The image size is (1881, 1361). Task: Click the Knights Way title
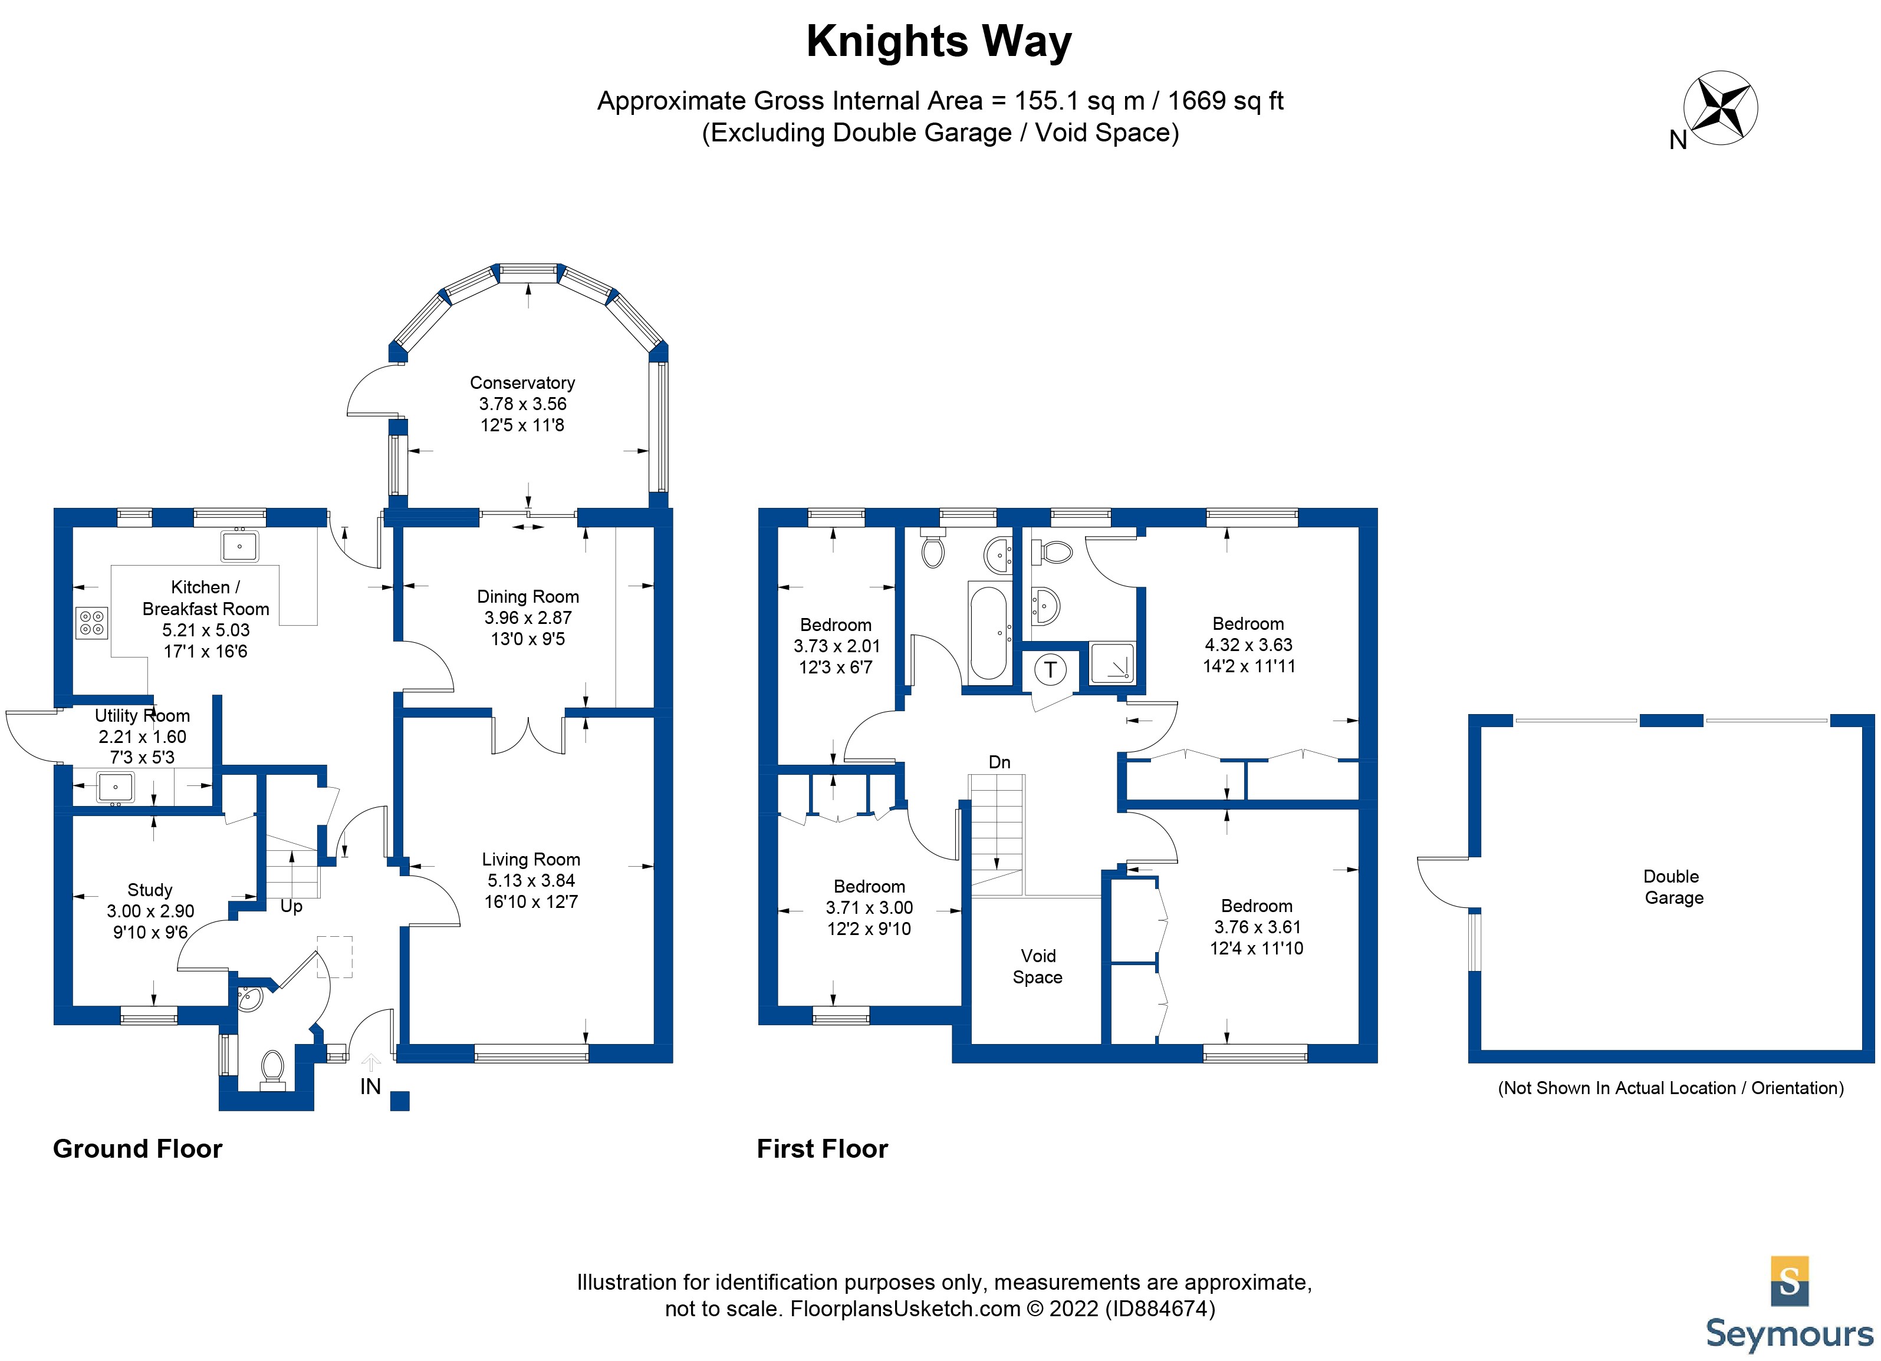(x=939, y=41)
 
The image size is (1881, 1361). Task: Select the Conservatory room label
(x=522, y=383)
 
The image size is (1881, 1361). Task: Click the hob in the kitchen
(x=92, y=623)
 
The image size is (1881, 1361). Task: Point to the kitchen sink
(x=239, y=546)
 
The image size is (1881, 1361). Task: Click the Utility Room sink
(x=116, y=786)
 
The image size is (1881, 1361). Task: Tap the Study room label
(x=150, y=890)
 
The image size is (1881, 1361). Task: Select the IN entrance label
(x=371, y=1086)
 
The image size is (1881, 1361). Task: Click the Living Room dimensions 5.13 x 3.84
(x=531, y=880)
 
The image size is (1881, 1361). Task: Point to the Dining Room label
(x=528, y=597)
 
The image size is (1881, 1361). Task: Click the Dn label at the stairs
(x=999, y=762)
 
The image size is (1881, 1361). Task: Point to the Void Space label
(x=1038, y=966)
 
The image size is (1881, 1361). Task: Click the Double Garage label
(x=1673, y=887)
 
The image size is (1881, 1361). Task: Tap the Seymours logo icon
(x=1789, y=1281)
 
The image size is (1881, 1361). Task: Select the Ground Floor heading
(x=137, y=1149)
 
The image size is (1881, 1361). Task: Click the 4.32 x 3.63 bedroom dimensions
(x=1248, y=645)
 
